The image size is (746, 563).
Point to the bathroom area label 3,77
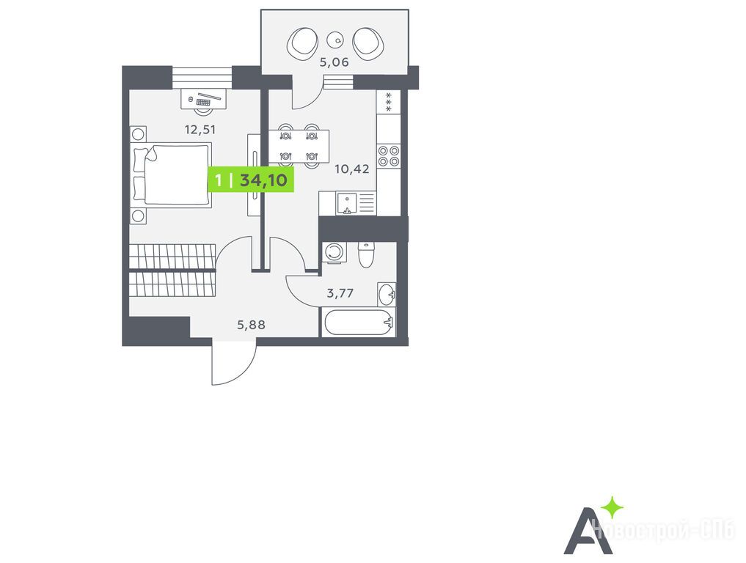pos(340,293)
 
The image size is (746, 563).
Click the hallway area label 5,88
pos(251,325)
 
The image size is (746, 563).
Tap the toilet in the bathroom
pos(366,255)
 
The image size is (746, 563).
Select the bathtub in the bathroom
pos(357,322)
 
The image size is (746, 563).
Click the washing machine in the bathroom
pos(334,252)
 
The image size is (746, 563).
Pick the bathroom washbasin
pos(387,294)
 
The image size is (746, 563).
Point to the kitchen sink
pos(347,202)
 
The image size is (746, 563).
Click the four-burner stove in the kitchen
pos(388,155)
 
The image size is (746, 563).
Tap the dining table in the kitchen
pos(299,145)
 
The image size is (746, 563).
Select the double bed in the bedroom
pos(176,175)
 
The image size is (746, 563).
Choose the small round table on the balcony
pos(336,40)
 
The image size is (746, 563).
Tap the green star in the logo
pos(612,507)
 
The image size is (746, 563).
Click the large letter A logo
pos(583,529)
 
